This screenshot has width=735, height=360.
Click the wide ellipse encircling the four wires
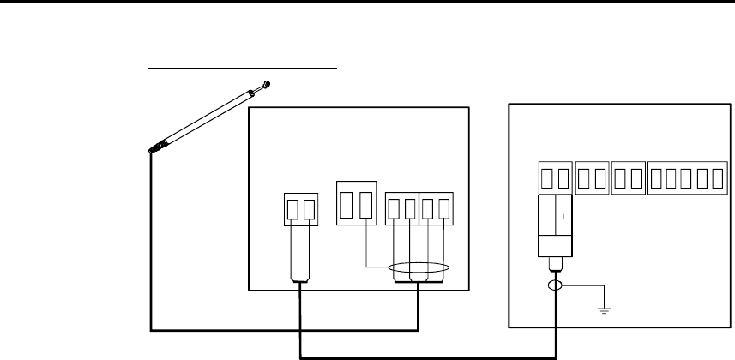coord(418,271)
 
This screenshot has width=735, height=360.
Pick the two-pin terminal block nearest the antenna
coord(299,209)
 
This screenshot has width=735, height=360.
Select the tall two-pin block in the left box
coord(356,205)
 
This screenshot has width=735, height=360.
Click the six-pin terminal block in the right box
coord(684,177)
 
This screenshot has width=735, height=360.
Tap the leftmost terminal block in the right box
coord(556,177)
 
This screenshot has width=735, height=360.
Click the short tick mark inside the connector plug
coord(563,216)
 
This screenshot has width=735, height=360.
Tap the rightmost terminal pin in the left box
coord(445,209)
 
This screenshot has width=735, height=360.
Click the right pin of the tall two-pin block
coord(364,205)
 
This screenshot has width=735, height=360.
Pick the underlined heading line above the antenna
coord(245,67)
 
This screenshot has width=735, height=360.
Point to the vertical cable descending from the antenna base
coord(152,240)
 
